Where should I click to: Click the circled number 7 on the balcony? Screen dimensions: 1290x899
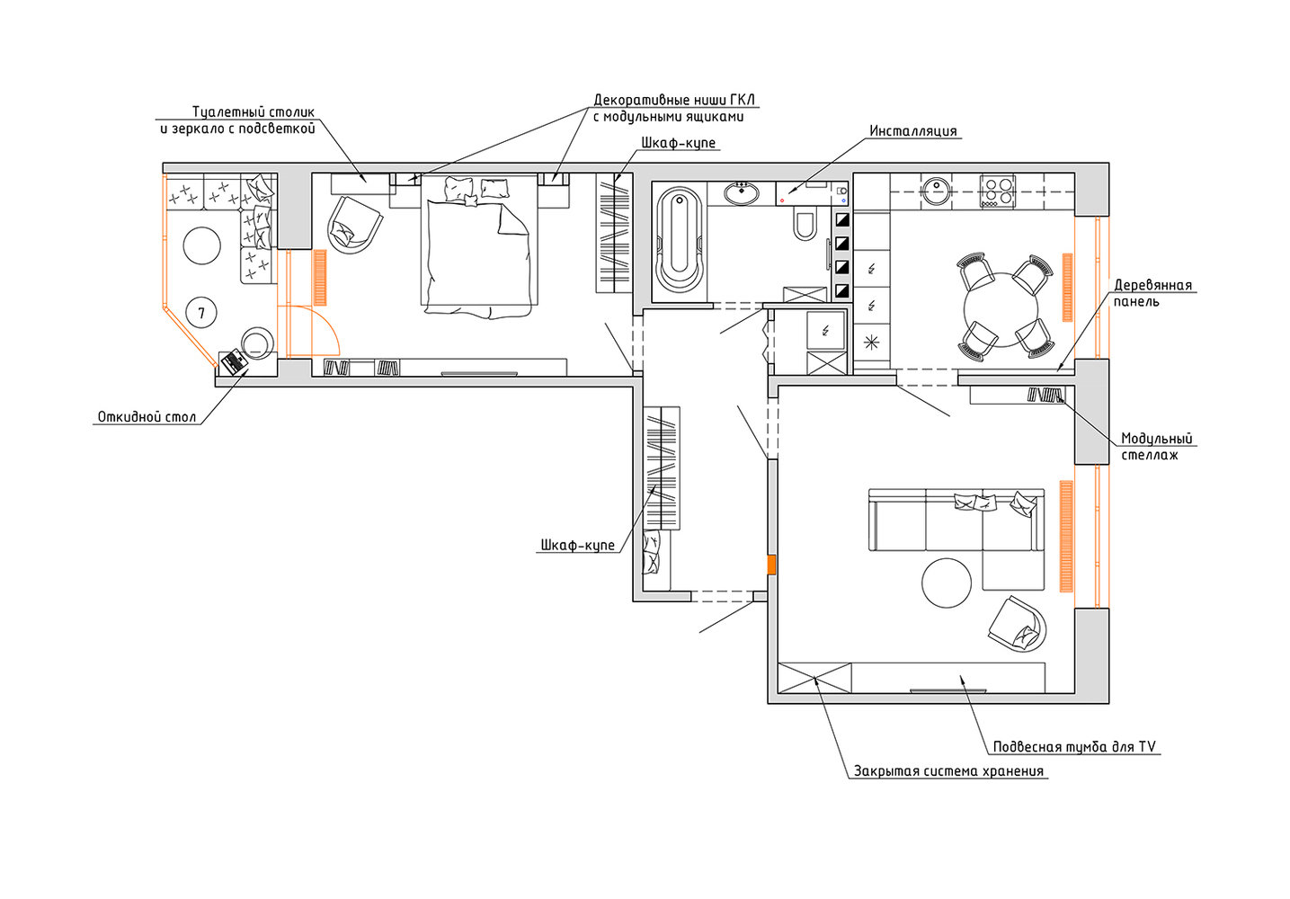point(201,313)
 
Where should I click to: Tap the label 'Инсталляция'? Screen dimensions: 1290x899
point(912,131)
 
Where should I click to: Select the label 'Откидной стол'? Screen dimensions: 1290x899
point(147,416)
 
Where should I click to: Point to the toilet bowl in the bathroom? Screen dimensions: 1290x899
point(804,225)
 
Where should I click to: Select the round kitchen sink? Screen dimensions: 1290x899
point(936,191)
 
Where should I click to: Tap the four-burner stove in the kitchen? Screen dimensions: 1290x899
point(998,191)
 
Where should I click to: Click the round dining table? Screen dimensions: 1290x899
point(1001,310)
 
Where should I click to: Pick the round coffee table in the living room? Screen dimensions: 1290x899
point(947,583)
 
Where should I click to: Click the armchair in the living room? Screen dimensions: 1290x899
point(1017,624)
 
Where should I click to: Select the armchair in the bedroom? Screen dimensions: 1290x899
point(355,225)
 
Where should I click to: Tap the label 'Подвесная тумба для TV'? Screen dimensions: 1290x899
point(1074,747)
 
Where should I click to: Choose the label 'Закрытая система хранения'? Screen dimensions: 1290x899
point(948,771)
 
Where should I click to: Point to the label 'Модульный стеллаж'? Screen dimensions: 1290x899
point(1156,447)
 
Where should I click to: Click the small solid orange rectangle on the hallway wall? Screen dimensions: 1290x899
point(771,565)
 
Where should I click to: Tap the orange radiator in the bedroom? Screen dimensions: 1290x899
point(319,277)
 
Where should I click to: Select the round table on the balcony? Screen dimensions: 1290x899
point(201,245)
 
